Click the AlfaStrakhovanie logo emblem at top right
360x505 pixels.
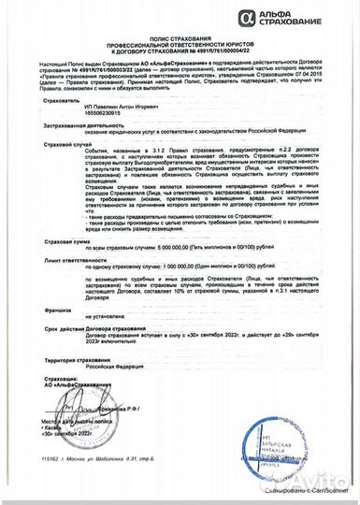(x=247, y=15)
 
